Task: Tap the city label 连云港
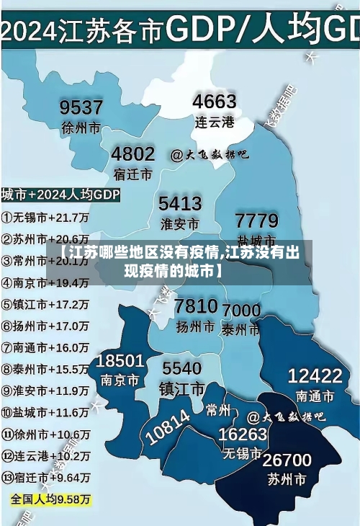pos(215,122)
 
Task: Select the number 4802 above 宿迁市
pos(132,154)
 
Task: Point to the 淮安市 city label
pos(179,223)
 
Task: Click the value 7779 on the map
pos(256,220)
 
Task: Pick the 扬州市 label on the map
pos(195,326)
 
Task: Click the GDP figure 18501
pos(120,360)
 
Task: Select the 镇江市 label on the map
pos(181,388)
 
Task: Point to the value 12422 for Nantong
pos(315,375)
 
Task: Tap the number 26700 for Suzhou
pos(287,460)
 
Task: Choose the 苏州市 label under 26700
pos(287,478)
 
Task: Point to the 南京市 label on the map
pos(120,380)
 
